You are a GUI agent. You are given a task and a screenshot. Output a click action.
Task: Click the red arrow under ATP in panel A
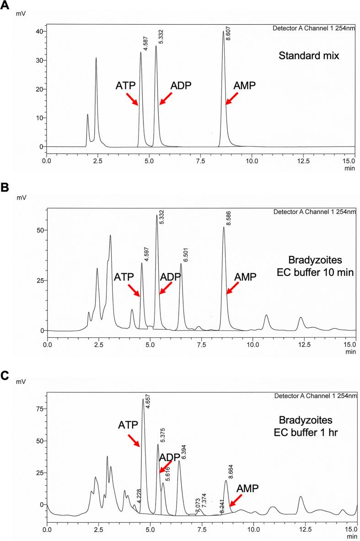[132, 98]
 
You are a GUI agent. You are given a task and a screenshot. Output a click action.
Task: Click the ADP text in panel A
[181, 86]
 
